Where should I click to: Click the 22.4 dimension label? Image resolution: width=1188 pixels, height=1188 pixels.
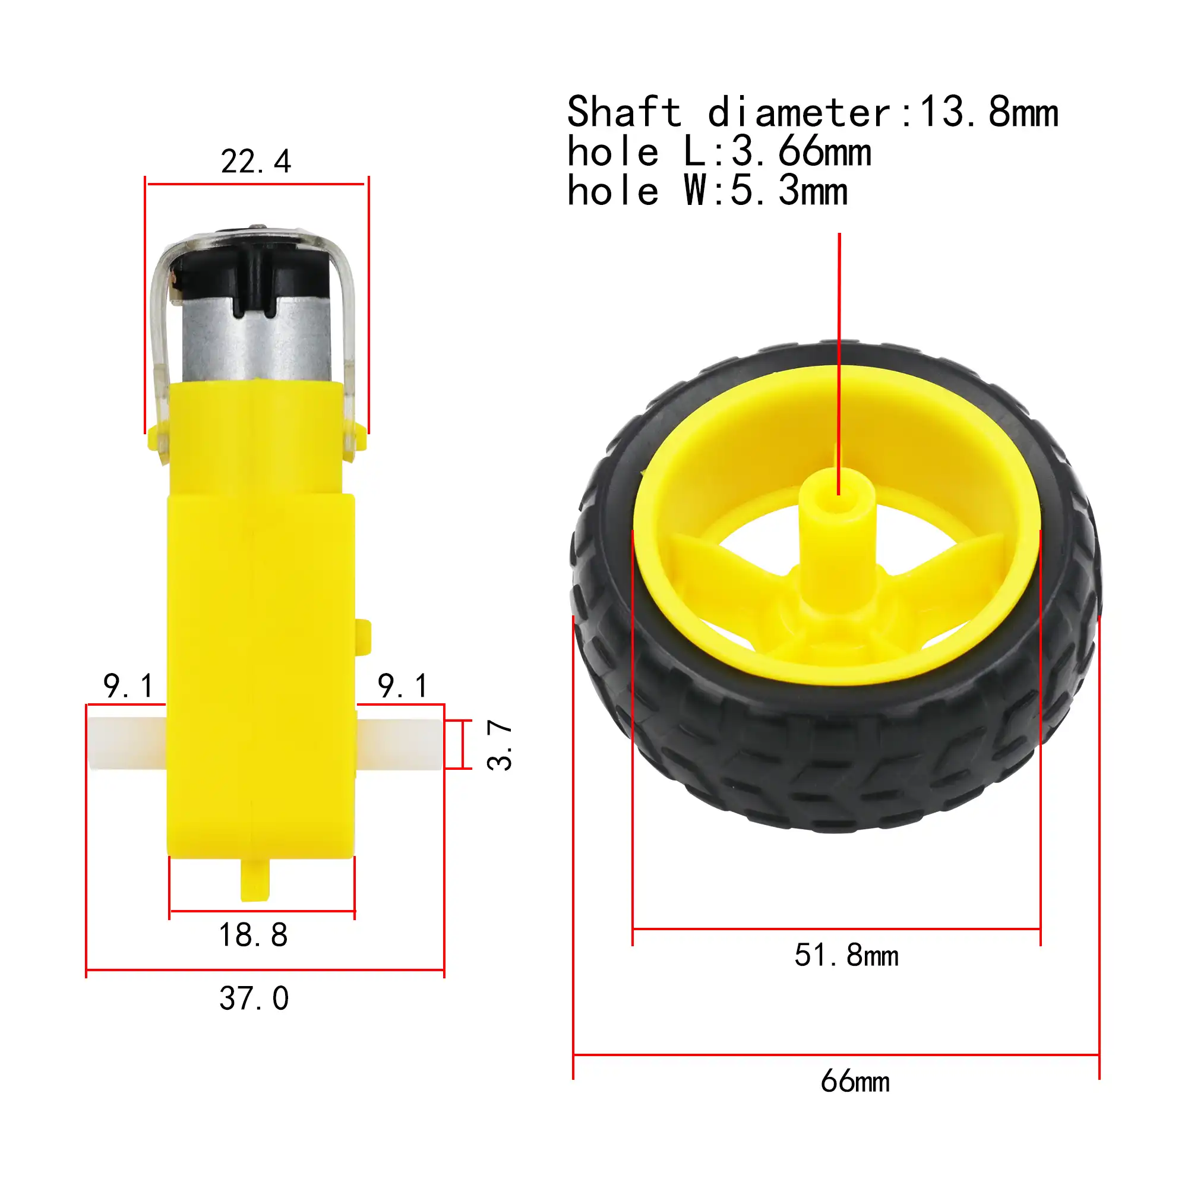coord(256,162)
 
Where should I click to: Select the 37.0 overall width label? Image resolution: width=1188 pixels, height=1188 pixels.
coord(254,999)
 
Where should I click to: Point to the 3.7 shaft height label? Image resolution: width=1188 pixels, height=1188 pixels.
coord(500,745)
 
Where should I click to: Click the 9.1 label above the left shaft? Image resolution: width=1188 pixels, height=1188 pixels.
coord(128,685)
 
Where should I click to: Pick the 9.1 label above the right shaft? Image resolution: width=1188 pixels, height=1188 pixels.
coord(403,685)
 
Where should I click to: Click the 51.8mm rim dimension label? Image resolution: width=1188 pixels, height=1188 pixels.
coord(846,956)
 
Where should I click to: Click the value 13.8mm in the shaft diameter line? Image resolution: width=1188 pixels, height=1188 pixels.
coord(989,112)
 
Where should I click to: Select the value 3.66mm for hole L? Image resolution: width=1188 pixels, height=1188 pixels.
coord(801,152)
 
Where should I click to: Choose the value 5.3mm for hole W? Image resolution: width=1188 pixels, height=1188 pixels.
coord(789,191)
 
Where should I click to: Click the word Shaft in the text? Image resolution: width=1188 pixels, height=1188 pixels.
coord(624,112)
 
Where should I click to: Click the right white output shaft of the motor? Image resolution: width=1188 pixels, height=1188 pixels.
coord(400,744)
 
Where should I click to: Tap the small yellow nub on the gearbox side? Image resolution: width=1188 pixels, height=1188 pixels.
coord(364,636)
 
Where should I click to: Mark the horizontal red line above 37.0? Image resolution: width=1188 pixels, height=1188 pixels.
coord(265,970)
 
